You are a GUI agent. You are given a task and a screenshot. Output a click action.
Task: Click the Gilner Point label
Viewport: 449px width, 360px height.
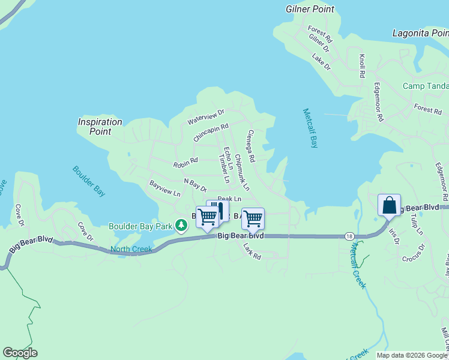point(309,9)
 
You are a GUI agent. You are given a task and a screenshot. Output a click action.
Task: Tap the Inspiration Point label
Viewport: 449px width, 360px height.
point(100,127)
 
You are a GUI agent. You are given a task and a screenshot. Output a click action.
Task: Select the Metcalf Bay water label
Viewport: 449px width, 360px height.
point(310,128)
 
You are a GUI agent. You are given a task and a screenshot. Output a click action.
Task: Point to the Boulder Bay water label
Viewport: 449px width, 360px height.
point(89,181)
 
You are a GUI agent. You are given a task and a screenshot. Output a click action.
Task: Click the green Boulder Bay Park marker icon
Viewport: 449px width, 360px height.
point(181,226)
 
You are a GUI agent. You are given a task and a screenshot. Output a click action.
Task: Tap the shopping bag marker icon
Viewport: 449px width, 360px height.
point(389,205)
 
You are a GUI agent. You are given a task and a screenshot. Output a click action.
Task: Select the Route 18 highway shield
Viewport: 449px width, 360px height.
point(349,236)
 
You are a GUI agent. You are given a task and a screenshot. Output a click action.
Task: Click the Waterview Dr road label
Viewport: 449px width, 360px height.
point(205,116)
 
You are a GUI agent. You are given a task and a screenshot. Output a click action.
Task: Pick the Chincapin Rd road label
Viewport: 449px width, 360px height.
point(211,133)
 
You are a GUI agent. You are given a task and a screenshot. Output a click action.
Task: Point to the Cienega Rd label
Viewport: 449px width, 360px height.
point(251,146)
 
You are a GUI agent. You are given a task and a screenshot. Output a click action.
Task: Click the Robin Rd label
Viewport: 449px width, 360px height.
point(185,163)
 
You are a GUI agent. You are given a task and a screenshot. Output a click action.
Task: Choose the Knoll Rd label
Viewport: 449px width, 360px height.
point(362,67)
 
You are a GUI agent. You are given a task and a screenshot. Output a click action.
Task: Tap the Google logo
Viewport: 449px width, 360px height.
point(20,353)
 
